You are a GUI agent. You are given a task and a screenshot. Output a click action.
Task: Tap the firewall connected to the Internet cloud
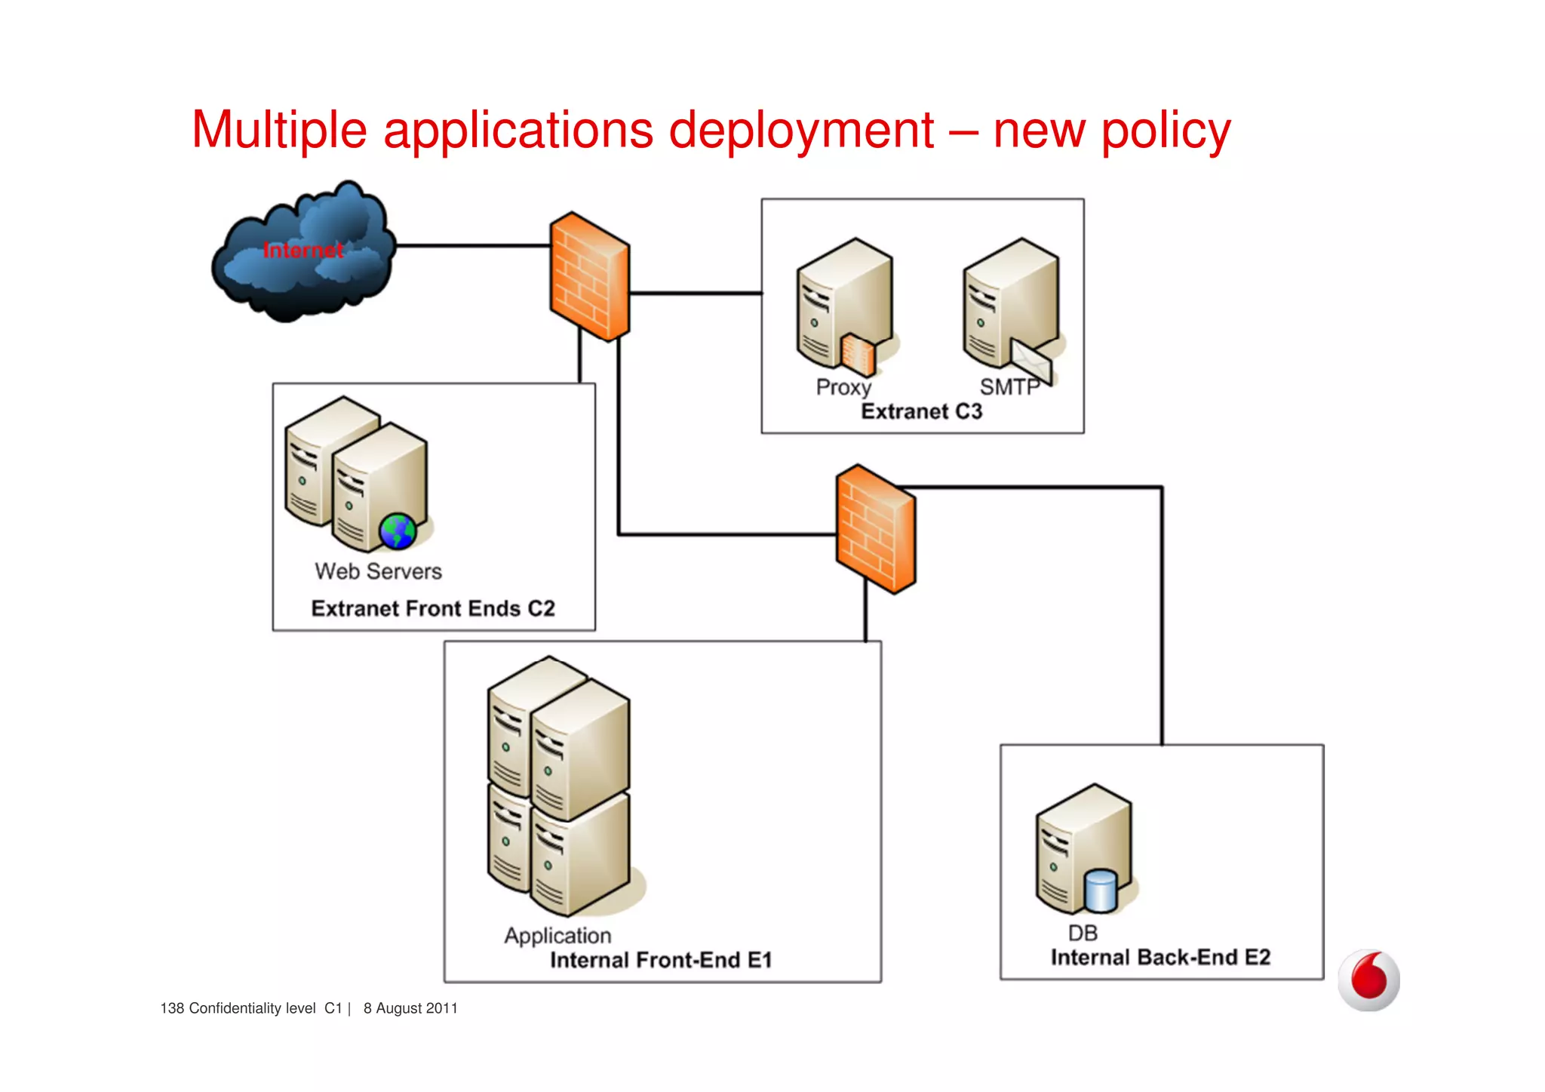pyautogui.click(x=589, y=276)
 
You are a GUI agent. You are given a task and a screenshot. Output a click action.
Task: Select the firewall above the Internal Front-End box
pyautogui.click(x=875, y=529)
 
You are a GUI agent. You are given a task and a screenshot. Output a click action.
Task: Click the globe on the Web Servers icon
pyautogui.click(x=398, y=531)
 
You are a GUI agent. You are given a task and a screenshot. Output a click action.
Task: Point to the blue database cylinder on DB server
pyautogui.click(x=1100, y=891)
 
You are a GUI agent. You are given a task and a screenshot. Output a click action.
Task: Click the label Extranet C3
pyautogui.click(x=921, y=411)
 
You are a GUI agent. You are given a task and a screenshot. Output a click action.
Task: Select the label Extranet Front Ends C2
pyautogui.click(x=433, y=608)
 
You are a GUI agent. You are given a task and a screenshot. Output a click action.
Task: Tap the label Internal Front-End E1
pyautogui.click(x=661, y=960)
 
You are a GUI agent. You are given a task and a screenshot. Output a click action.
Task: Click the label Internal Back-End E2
pyautogui.click(x=1160, y=957)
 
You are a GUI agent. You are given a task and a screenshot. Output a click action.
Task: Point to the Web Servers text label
pyautogui.click(x=378, y=571)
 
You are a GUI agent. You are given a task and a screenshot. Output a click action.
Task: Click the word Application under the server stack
pyautogui.click(x=557, y=936)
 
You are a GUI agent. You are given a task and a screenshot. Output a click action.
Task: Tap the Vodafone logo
pyautogui.click(x=1368, y=980)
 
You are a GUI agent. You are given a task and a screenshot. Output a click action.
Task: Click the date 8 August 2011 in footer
pyautogui.click(x=410, y=1008)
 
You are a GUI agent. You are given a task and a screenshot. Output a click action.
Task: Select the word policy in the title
pyautogui.click(x=1166, y=131)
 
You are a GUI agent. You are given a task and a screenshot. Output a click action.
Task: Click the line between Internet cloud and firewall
pyautogui.click(x=473, y=246)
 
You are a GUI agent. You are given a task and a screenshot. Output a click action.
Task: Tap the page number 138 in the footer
pyautogui.click(x=172, y=1008)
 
